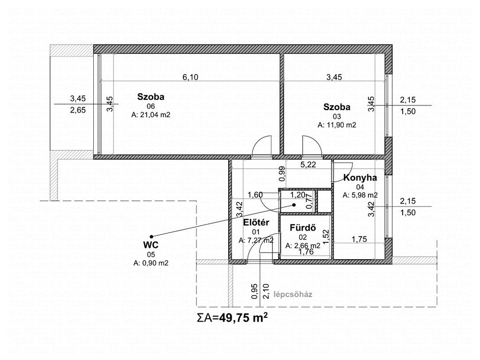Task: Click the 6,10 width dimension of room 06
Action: coord(190,77)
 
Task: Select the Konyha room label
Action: coord(360,178)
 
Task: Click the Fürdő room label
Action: coord(303,228)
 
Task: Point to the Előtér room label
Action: coord(256,223)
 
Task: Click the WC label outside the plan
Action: coord(151,245)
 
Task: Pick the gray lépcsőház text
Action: coord(293,294)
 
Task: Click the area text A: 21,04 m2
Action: coord(150,115)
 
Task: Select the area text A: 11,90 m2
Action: coord(337,125)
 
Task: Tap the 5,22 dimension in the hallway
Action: coord(308,165)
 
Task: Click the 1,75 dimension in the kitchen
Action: coord(359,239)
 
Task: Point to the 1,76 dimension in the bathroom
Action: coord(306,252)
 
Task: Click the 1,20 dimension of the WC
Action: coord(298,195)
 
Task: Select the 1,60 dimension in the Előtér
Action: coord(255,195)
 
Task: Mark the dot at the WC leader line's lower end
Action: coord(151,236)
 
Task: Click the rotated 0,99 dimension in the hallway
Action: coord(282,173)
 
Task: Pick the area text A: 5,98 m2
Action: coord(360,195)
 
